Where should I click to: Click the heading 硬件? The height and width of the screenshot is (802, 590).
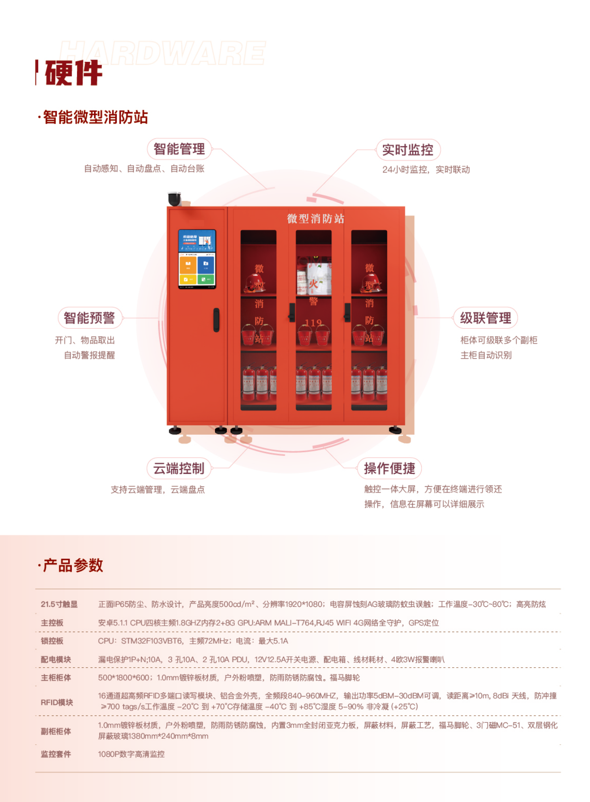(73, 73)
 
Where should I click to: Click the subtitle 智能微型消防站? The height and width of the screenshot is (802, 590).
(95, 117)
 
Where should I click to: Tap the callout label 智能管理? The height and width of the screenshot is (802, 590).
(179, 149)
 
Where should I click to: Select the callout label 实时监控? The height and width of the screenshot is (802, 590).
(408, 150)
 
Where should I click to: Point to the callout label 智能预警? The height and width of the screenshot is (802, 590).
(89, 318)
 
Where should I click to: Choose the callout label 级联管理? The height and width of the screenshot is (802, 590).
(485, 318)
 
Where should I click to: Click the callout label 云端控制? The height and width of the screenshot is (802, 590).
(179, 468)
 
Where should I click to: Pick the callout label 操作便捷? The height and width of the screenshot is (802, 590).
(389, 468)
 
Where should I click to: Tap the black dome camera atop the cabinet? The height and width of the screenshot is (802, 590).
(174, 199)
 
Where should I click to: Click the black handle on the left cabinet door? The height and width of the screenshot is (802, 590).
(216, 320)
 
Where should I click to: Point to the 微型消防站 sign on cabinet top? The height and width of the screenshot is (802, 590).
(316, 219)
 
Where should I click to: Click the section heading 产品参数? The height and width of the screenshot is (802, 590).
(73, 565)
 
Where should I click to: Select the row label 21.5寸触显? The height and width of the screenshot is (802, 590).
(59, 604)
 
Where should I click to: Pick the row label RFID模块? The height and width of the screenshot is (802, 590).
(57, 702)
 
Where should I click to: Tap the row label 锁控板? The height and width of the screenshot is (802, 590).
(52, 641)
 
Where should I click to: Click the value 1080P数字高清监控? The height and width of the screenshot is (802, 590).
(131, 754)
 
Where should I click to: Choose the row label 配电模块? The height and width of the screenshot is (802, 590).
(56, 659)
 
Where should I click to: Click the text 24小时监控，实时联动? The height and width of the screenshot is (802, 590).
(426, 170)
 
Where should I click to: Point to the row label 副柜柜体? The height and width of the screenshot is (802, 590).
(56, 731)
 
